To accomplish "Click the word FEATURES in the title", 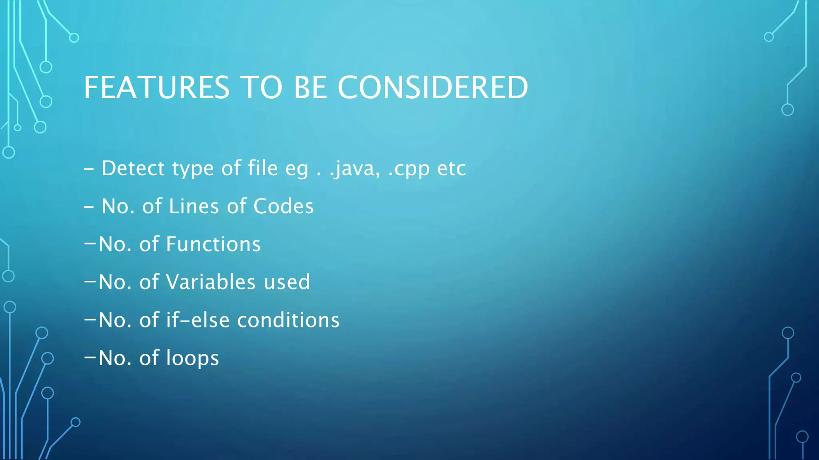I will pos(156,87).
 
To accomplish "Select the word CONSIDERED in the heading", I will pos(433,87).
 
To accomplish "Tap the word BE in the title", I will pos(310,87).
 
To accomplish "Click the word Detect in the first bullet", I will pos(133,168).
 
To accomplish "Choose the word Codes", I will pos(284,206).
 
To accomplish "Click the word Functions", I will pos(213,244).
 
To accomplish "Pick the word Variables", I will pos(211,282).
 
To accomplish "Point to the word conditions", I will pos(288,320).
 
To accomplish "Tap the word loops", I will pos(192,358).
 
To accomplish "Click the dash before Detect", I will pos(89,169).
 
